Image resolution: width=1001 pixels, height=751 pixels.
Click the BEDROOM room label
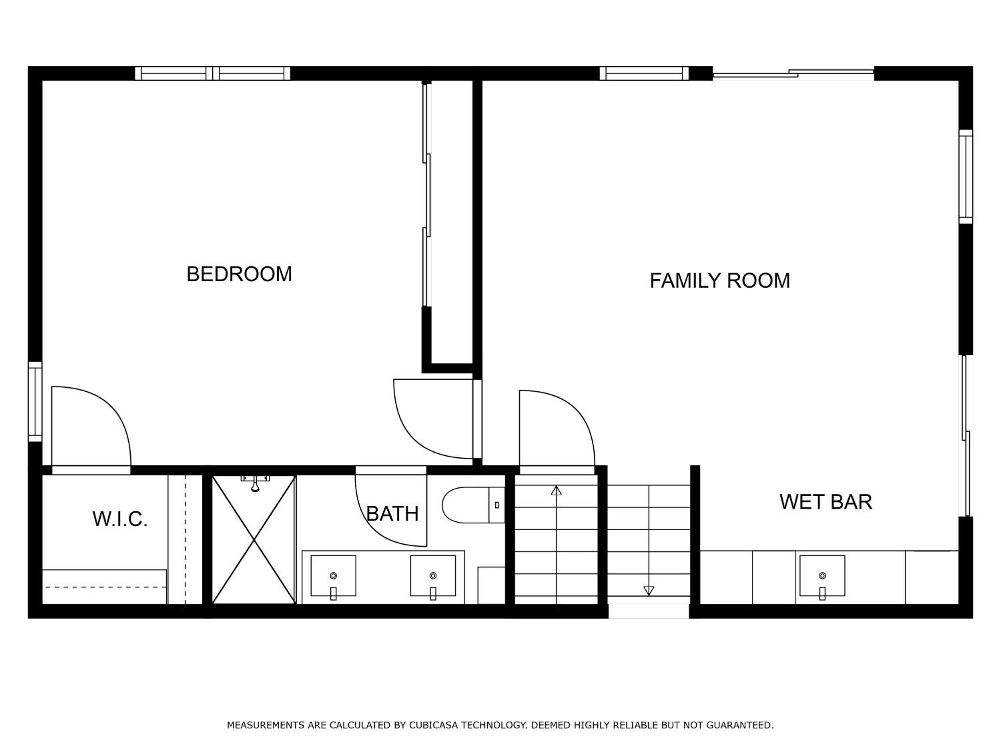[x=239, y=274]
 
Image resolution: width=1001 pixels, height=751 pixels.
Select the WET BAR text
[x=825, y=502]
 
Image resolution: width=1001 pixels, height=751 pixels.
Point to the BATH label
[x=392, y=514]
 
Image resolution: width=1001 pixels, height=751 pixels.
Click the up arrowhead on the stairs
[x=556, y=490]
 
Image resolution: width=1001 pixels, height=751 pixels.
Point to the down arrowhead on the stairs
[x=648, y=591]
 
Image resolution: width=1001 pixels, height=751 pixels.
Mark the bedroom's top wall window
[x=213, y=73]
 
